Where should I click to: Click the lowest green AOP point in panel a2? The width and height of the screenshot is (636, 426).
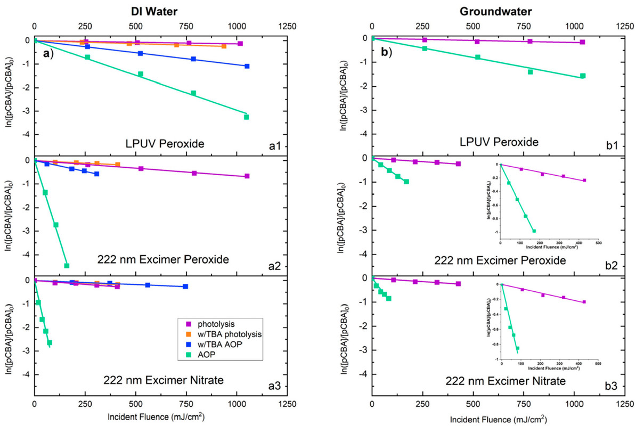tap(67, 265)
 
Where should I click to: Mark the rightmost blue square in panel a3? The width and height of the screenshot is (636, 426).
tap(185, 286)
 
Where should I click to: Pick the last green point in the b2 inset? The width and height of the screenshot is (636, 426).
tap(534, 231)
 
